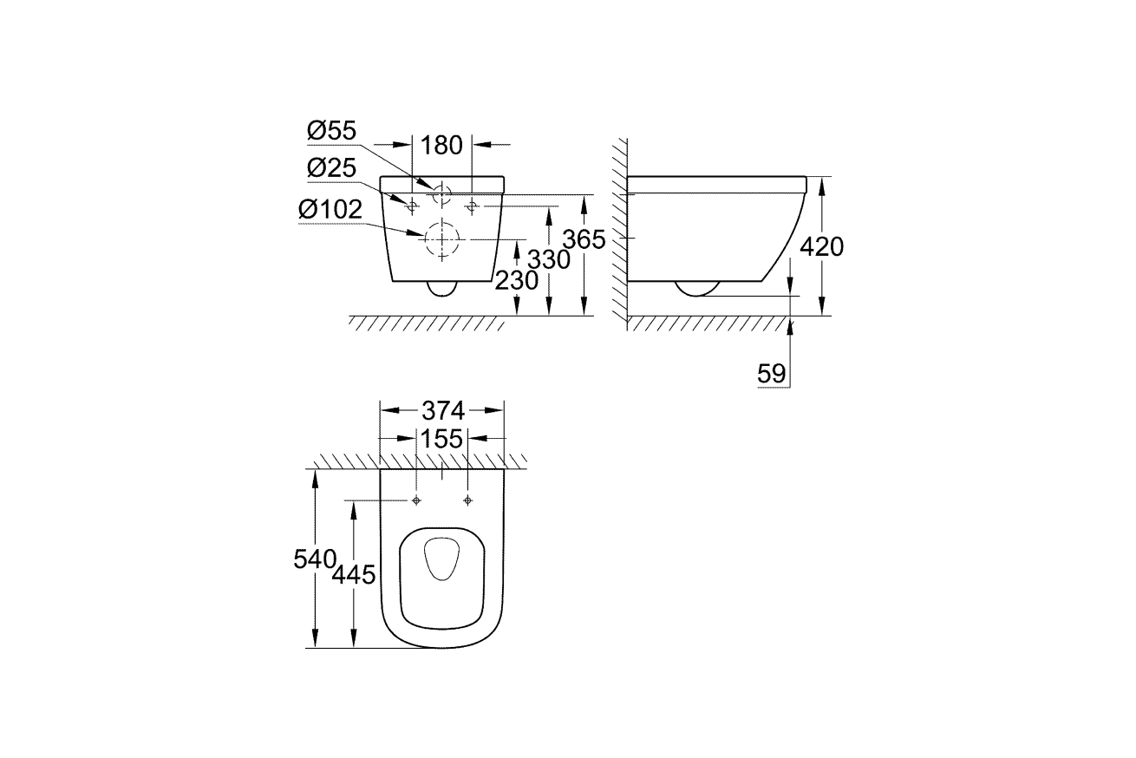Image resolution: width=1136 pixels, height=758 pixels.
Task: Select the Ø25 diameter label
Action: tap(331, 168)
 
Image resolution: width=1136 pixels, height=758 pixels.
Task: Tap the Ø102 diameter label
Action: tap(330, 209)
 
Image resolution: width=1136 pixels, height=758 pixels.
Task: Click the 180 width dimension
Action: tap(441, 145)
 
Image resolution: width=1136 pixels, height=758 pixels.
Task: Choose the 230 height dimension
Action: tap(517, 280)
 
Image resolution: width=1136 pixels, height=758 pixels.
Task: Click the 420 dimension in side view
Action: tap(820, 246)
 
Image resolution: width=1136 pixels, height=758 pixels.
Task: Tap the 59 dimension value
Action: tap(771, 374)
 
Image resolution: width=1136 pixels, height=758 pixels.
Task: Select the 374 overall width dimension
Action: tap(441, 410)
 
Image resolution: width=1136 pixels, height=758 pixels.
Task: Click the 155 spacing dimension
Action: tap(441, 439)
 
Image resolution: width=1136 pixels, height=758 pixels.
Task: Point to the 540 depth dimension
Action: tap(314, 559)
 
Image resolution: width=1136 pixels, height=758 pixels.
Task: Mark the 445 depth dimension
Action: tap(354, 573)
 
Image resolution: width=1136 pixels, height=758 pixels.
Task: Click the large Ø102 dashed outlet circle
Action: tap(441, 237)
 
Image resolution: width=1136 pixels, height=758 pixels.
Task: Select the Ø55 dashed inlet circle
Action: tap(441, 194)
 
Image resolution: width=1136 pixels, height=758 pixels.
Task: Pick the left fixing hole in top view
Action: tap(417, 500)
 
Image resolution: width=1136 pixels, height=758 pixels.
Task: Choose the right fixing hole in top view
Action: tap(468, 500)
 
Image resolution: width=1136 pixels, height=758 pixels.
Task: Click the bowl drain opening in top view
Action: tap(442, 559)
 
